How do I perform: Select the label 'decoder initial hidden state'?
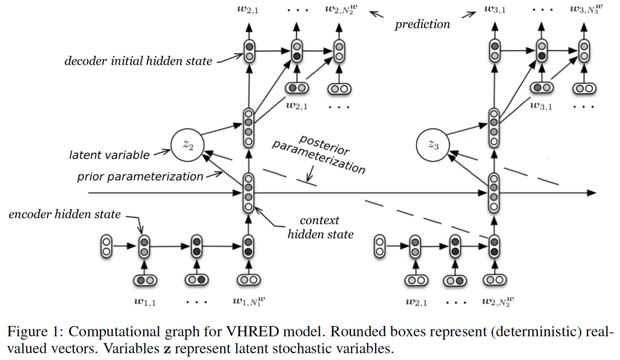138,61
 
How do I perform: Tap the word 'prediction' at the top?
422,24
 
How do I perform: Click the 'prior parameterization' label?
140,177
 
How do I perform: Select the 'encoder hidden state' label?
65,214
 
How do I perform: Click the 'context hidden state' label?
320,228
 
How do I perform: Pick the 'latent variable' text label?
109,154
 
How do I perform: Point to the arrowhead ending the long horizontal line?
590,193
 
